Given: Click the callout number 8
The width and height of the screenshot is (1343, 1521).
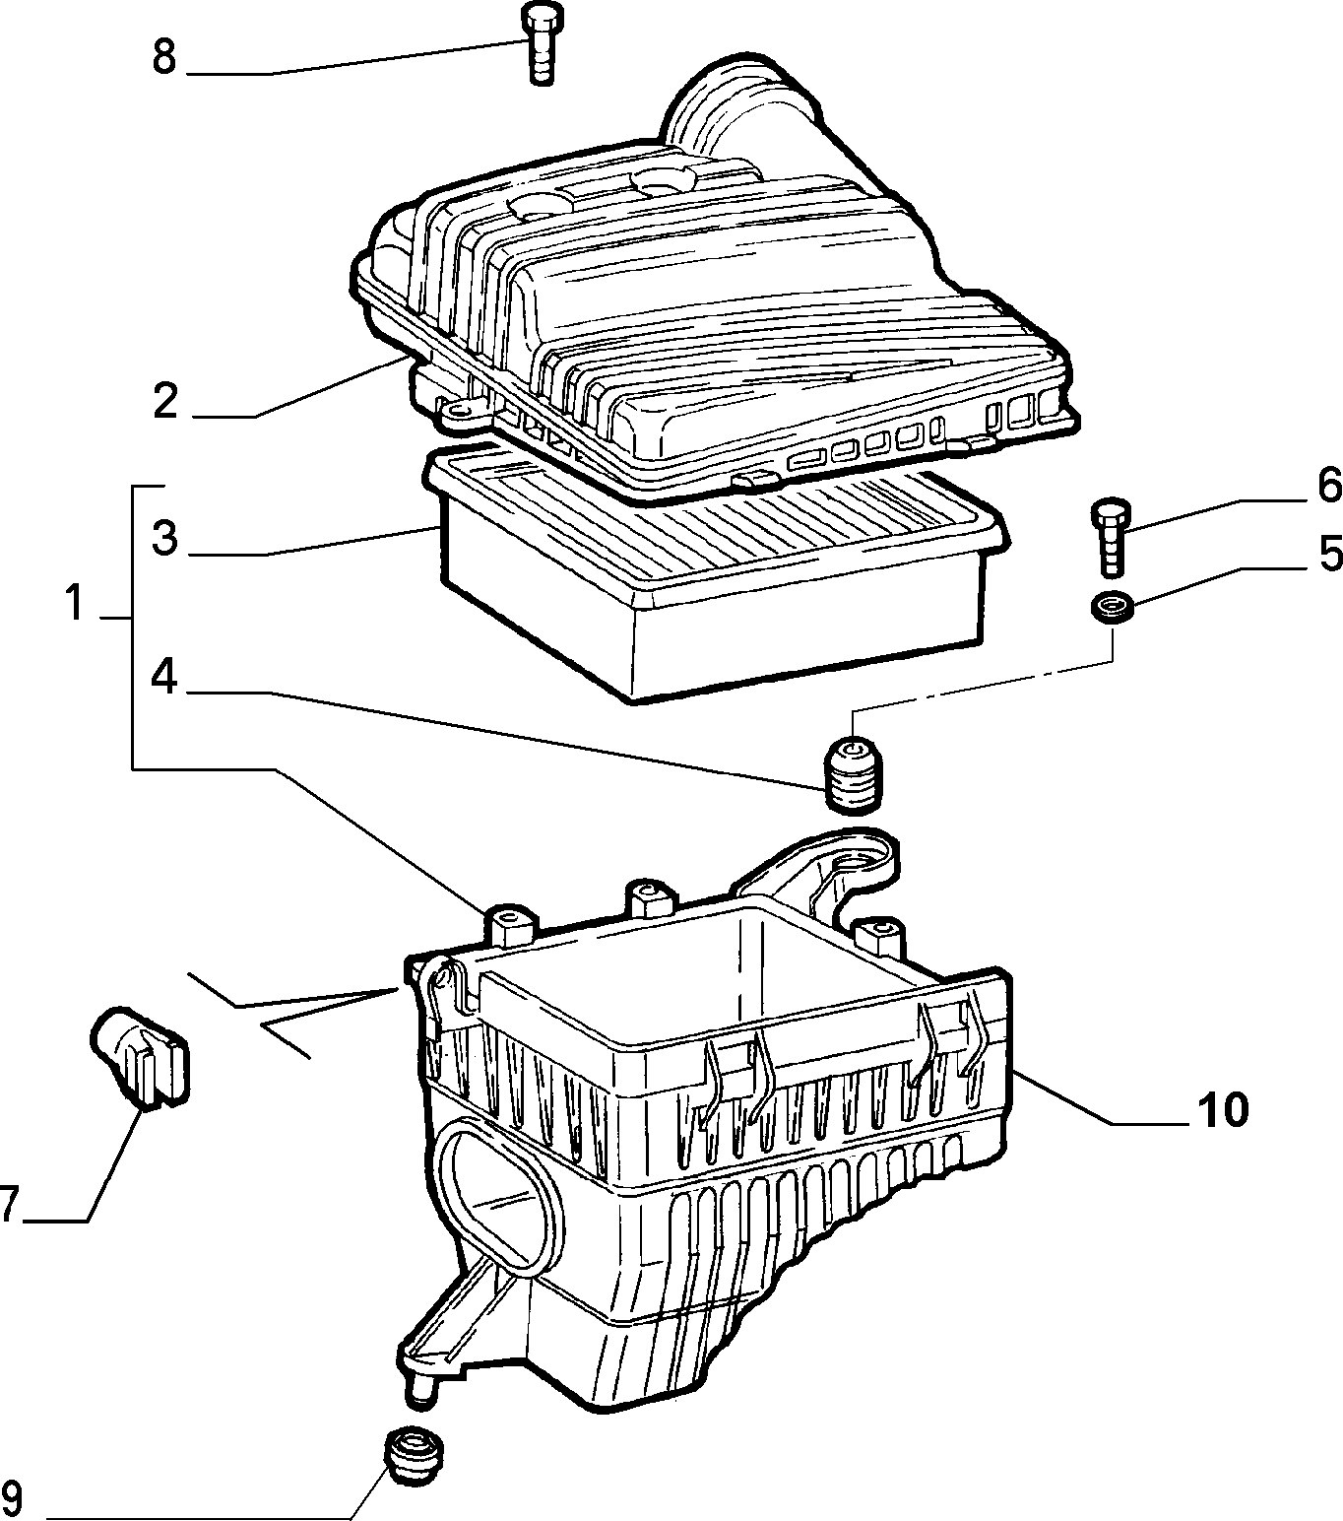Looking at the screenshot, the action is pyautogui.click(x=163, y=57).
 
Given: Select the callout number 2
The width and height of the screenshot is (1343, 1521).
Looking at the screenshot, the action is pyautogui.click(x=165, y=401).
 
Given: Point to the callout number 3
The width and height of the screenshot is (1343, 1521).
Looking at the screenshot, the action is pyautogui.click(x=164, y=538).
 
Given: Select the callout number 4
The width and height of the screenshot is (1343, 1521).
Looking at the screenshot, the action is pyautogui.click(x=163, y=678).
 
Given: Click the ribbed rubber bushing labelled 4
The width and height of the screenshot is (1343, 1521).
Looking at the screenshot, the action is pyautogui.click(x=853, y=774).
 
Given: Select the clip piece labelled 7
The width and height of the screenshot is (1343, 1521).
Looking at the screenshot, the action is pyautogui.click(x=140, y=1056).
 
